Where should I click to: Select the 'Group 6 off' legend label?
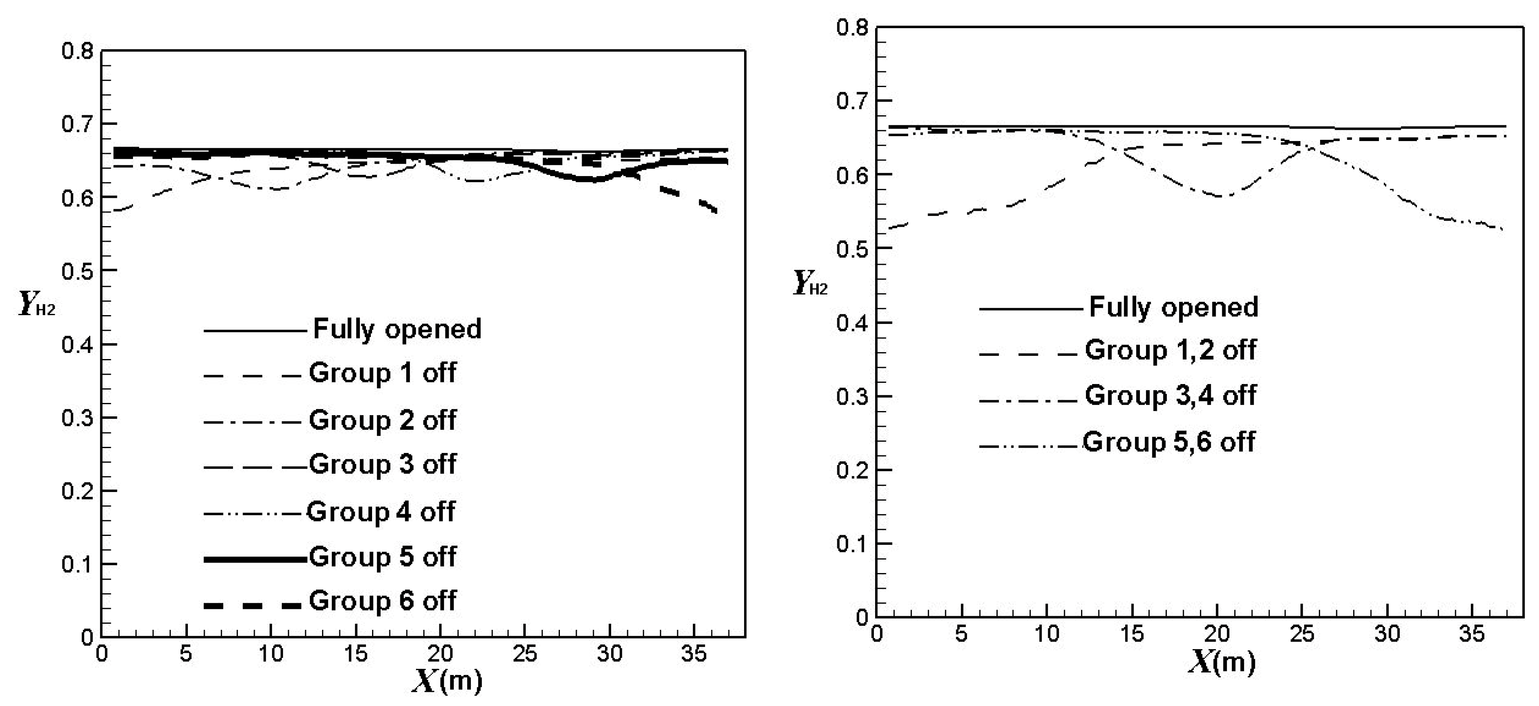383,601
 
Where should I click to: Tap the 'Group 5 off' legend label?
383,556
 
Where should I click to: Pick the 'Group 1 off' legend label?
383,373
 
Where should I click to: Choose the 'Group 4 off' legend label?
381,512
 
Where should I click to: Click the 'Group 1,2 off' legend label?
1170,350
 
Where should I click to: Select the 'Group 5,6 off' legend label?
1168,442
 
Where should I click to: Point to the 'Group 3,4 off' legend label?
1170,395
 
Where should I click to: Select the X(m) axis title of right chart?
1221,662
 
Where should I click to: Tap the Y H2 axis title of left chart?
36,305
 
